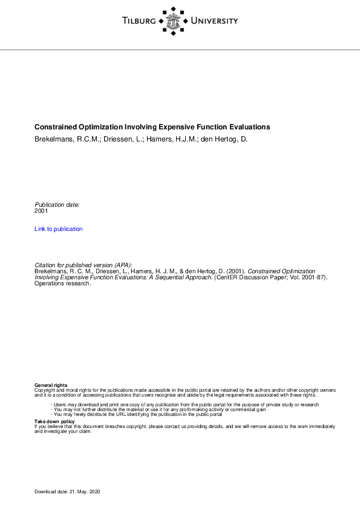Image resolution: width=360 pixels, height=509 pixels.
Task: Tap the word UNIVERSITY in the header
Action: click(214, 21)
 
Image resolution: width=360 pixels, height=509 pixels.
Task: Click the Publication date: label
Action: click(57, 205)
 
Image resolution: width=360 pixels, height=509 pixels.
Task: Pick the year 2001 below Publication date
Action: click(41, 211)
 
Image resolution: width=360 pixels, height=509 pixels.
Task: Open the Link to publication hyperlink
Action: click(59, 229)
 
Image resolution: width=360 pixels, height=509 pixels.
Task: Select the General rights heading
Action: click(51, 385)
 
